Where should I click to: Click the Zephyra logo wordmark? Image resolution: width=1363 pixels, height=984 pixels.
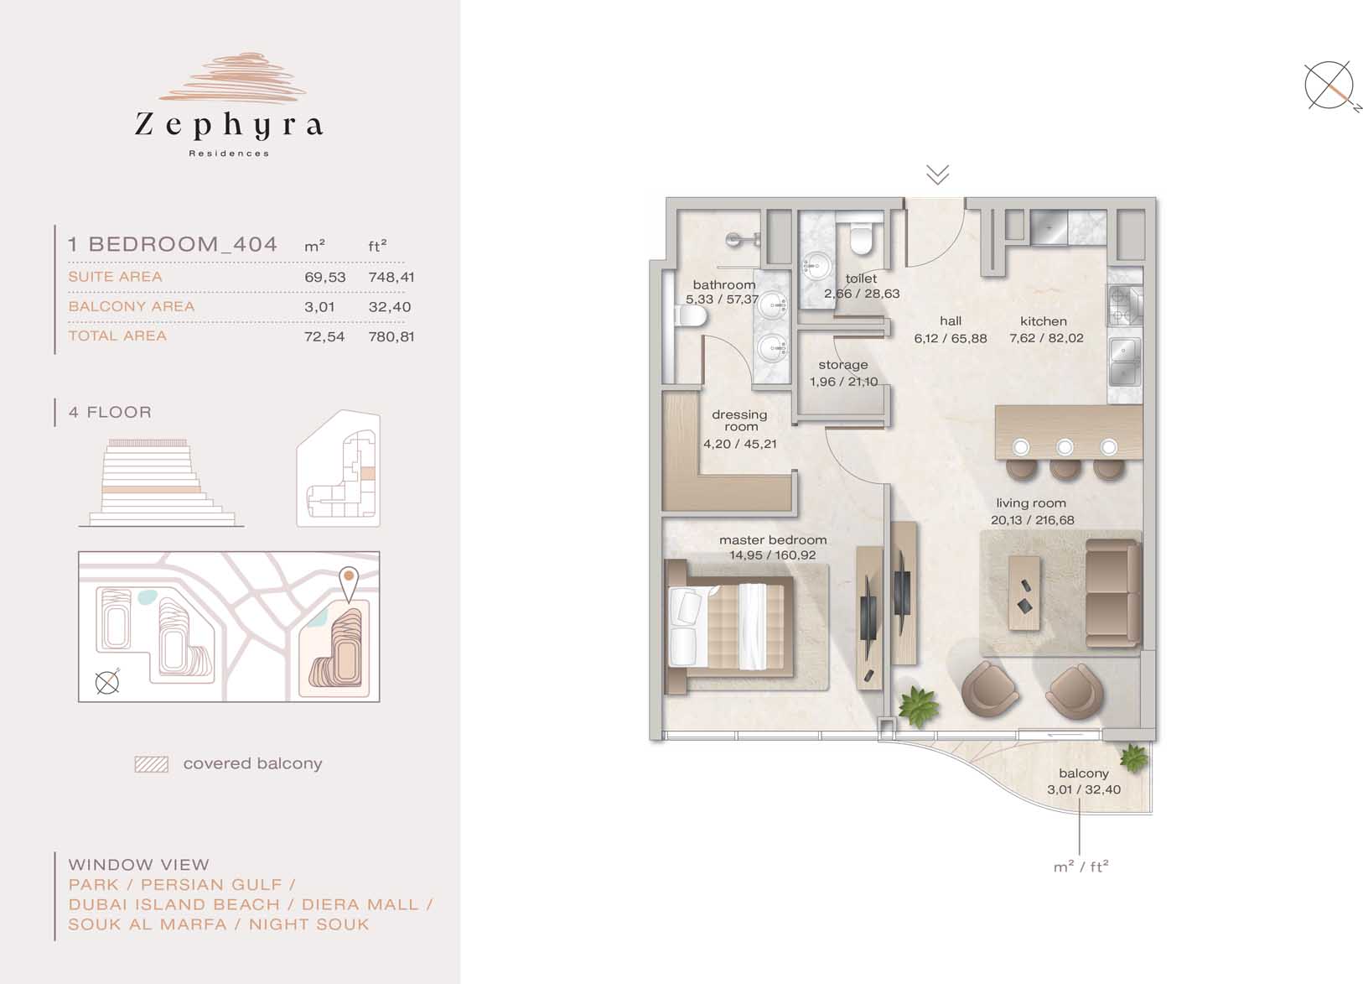(229, 125)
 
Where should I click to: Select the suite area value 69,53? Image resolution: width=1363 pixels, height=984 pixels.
(325, 277)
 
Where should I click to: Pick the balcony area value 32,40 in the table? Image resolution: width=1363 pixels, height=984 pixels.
(390, 307)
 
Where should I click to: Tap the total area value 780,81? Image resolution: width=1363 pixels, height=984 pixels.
(391, 336)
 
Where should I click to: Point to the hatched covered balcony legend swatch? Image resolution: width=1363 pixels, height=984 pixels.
(152, 764)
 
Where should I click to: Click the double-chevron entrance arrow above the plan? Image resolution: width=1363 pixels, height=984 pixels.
(938, 174)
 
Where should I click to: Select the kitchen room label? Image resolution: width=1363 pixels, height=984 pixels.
(1044, 321)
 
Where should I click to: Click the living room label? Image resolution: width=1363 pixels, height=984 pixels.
(1031, 503)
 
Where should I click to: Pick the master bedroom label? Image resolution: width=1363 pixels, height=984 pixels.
(773, 539)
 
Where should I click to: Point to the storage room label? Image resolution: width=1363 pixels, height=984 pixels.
(842, 365)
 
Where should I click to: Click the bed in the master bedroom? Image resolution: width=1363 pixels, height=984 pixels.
(729, 627)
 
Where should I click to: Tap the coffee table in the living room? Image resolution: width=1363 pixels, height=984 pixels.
(1024, 592)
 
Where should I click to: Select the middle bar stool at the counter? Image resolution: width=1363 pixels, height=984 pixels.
(1065, 459)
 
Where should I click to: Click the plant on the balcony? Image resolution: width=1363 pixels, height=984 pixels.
(1133, 758)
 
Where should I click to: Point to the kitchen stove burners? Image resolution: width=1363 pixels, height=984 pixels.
(1124, 306)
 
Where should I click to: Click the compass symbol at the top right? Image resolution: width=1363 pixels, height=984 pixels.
(1329, 86)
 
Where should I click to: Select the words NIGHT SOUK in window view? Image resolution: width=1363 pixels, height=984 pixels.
(309, 924)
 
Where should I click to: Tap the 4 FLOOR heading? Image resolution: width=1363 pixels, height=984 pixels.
(110, 412)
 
